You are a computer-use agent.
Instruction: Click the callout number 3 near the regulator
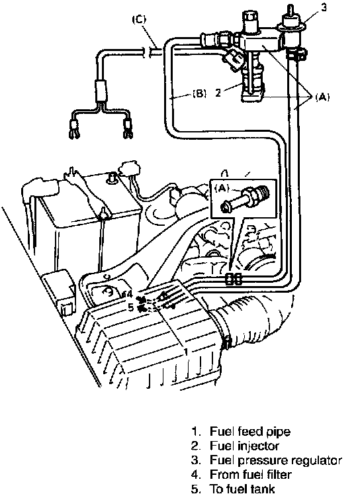tap(324, 7)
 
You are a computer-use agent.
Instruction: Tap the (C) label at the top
tap(139, 20)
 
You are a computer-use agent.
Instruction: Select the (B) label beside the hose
tap(199, 93)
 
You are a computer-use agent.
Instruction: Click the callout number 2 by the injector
tap(218, 93)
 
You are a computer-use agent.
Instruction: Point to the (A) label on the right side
tap(322, 97)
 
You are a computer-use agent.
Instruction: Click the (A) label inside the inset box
tap(222, 188)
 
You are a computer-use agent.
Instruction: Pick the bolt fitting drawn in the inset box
tap(246, 199)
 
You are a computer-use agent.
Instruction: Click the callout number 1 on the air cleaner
tap(187, 352)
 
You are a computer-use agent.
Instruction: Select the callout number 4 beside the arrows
tap(130, 294)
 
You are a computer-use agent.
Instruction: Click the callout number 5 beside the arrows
tap(131, 307)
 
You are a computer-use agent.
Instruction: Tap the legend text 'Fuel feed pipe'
tap(250, 431)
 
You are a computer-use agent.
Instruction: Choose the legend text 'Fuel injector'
tap(244, 446)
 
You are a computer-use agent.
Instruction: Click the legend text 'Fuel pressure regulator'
tap(276, 460)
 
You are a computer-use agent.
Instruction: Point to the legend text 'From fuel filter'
tap(250, 474)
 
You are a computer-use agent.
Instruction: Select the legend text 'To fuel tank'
tap(242, 489)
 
